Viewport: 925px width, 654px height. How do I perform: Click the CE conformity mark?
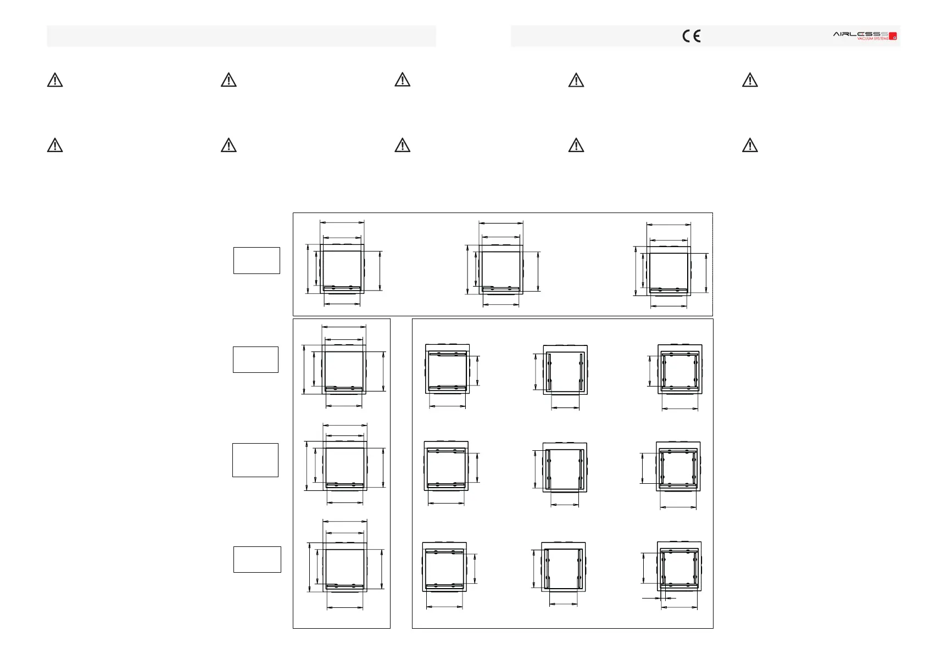tap(691, 36)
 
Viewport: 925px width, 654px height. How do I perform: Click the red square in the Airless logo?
tap(893, 36)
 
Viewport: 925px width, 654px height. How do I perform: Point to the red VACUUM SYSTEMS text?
tap(872, 39)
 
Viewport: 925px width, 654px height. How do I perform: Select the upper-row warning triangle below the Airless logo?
tap(750, 80)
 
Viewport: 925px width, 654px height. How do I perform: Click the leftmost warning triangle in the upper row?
tap(55, 80)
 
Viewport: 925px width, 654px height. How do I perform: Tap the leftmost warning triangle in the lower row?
tap(55, 145)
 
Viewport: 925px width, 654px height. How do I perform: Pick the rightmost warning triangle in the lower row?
tap(750, 145)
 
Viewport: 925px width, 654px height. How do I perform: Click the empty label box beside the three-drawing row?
tap(257, 260)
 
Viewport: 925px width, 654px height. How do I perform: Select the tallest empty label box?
tap(255, 460)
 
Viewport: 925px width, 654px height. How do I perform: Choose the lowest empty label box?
tap(257, 559)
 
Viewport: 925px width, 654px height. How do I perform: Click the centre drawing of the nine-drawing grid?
tap(565, 467)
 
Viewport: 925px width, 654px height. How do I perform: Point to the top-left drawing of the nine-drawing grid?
tap(447, 368)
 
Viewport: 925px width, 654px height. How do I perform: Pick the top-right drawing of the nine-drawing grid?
tap(680, 368)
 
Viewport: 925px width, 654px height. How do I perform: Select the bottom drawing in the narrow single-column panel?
tap(344, 568)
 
